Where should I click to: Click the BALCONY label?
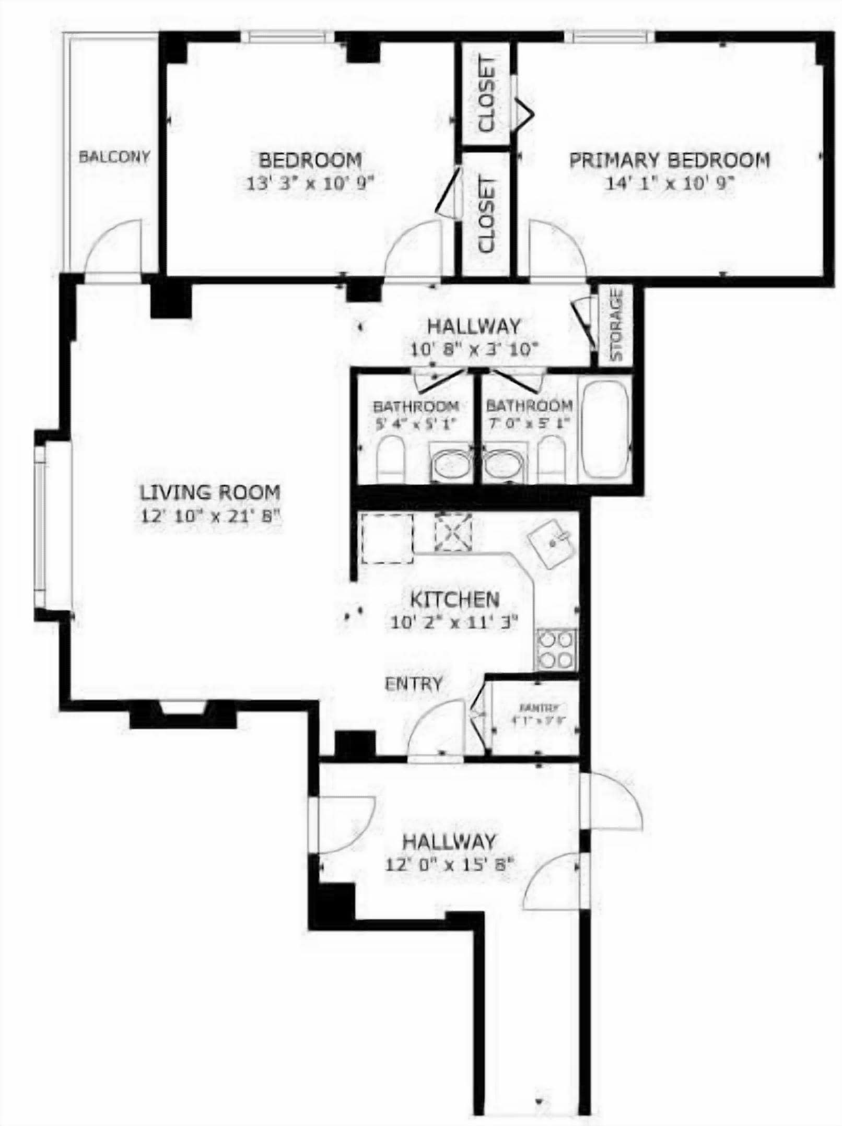pyautogui.click(x=114, y=157)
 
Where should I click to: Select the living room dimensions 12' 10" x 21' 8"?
pyautogui.click(x=210, y=517)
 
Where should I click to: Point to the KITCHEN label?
pyautogui.click(x=454, y=599)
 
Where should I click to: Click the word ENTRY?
pyautogui.click(x=413, y=684)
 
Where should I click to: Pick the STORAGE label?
pyautogui.click(x=616, y=325)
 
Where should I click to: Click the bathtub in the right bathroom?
pyautogui.click(x=604, y=430)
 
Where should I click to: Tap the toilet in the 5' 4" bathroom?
pyautogui.click(x=390, y=460)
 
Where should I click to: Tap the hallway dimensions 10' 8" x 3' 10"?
pyautogui.click(x=474, y=349)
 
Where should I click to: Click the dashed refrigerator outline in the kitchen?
pyautogui.click(x=388, y=538)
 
